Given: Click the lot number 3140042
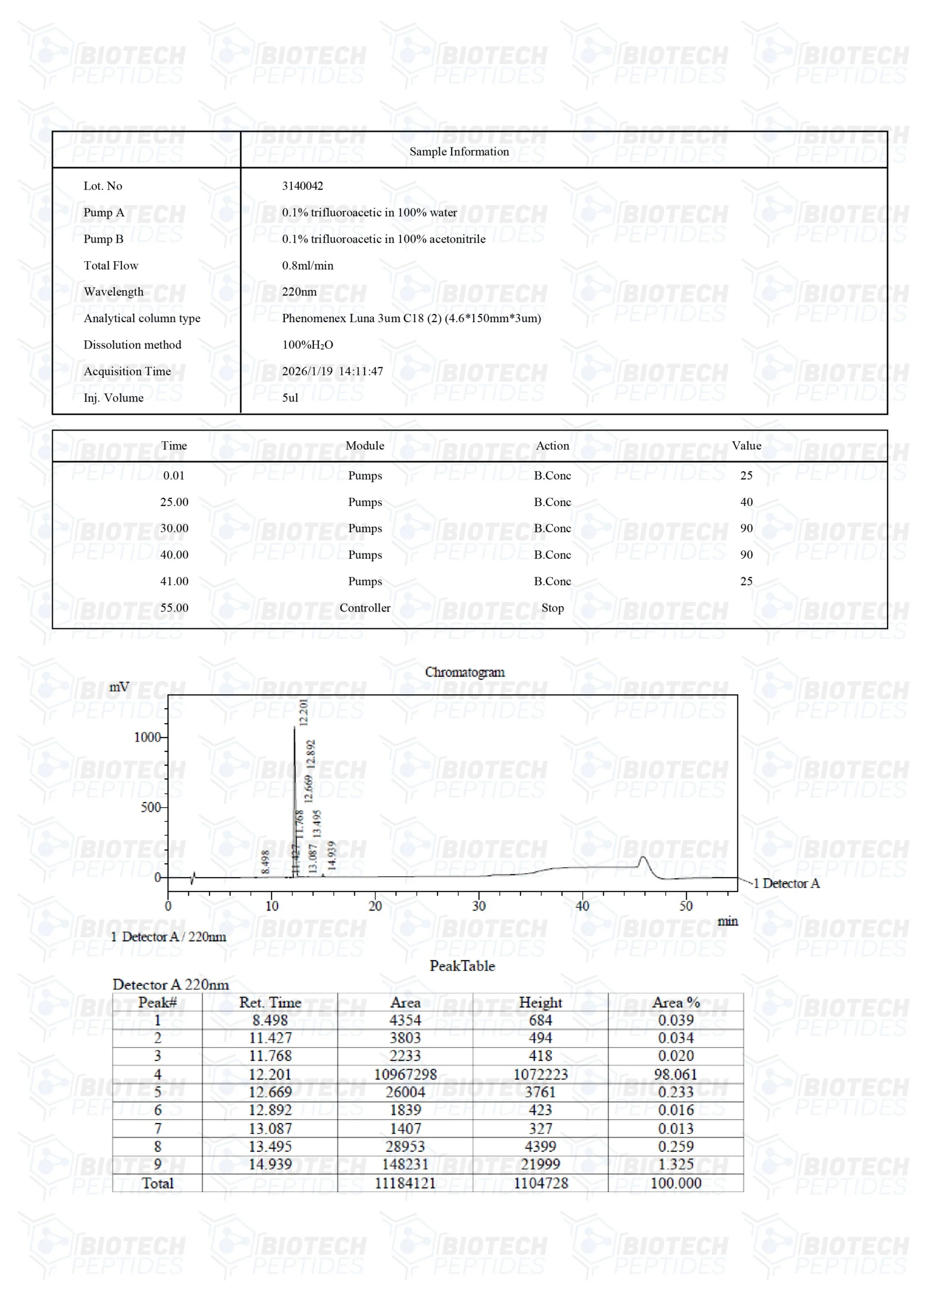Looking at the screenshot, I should point(302,185).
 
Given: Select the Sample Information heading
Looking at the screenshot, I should point(459,151).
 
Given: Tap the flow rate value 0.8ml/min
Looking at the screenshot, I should point(307,265).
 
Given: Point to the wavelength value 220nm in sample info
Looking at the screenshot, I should point(299,292).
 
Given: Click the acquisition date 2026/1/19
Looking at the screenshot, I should point(307,371).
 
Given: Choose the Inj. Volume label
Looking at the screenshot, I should point(113,398).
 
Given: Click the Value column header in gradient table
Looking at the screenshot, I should point(746,446).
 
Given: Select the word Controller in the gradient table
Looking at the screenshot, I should point(365,607).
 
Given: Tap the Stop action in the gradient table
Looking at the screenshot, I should point(552,607).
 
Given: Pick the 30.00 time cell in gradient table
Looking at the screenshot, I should point(174,528).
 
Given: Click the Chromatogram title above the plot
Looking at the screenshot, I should point(465,672).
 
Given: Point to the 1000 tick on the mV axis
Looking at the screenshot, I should point(147,737).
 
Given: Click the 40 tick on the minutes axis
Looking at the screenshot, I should point(582,906).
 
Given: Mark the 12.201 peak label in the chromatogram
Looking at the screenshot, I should point(303,711).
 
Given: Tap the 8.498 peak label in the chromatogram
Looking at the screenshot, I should point(265,862).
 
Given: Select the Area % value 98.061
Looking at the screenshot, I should point(675,1074).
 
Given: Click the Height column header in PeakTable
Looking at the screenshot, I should point(540,1002).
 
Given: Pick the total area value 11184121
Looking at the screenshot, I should point(405,1182).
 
